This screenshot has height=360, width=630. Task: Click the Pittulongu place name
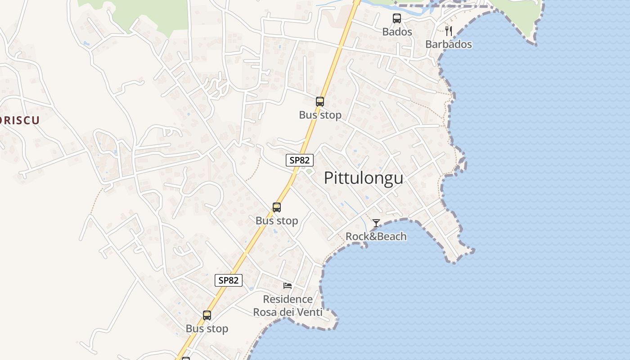pos(364,178)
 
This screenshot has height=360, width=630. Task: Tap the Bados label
pos(397,32)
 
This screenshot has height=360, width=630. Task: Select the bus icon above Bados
pos(397,18)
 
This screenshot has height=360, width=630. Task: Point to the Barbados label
pos(449,44)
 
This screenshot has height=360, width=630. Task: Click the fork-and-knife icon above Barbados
pos(448,31)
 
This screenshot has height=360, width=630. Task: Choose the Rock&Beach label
pos(376,236)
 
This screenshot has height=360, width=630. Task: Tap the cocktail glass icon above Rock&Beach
pos(376,223)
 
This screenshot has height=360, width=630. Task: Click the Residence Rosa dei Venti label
pos(288,306)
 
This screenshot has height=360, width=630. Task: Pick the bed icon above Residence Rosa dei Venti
pos(288,286)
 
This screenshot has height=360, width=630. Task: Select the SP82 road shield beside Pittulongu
pos(300,160)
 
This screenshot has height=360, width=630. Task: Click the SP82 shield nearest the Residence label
pos(229,280)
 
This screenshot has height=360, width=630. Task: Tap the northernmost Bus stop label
pos(320,115)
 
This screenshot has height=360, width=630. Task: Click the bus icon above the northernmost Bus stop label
pos(320,102)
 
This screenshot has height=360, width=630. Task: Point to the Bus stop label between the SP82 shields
pos(277,221)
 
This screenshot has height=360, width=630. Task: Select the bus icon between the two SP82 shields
pos(277,207)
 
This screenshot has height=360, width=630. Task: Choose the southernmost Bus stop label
pos(207,329)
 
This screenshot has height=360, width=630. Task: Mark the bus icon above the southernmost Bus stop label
pos(207,315)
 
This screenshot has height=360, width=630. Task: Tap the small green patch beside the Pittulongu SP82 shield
pos(309,171)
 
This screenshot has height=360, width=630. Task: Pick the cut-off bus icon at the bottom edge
pos(185,358)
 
